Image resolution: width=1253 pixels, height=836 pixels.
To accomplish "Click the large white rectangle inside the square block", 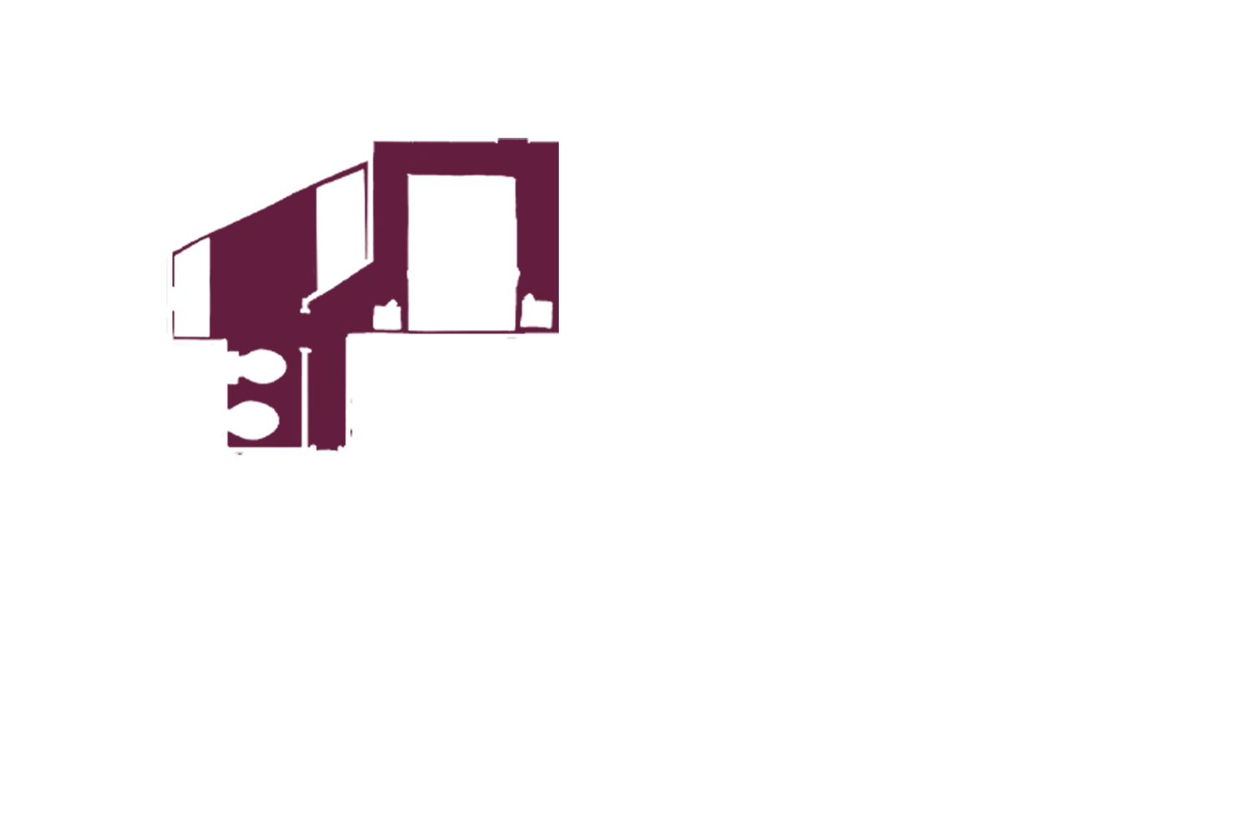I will coord(459,251).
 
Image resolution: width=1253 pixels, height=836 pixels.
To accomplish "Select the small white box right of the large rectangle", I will coord(536,313).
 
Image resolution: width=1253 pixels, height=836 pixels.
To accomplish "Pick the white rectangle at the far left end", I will coord(191,288).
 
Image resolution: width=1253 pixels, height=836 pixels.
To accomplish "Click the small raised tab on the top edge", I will coord(512,140).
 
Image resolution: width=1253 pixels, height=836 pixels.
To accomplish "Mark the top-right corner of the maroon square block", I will coord(557,144).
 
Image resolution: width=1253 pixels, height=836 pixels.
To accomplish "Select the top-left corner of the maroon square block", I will coord(374,144).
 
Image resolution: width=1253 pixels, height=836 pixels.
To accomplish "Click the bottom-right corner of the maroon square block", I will coord(557,332).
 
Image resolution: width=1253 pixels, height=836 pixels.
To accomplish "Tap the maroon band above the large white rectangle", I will coord(459,159).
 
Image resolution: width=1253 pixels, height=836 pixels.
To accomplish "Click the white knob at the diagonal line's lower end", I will coord(306,307).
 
